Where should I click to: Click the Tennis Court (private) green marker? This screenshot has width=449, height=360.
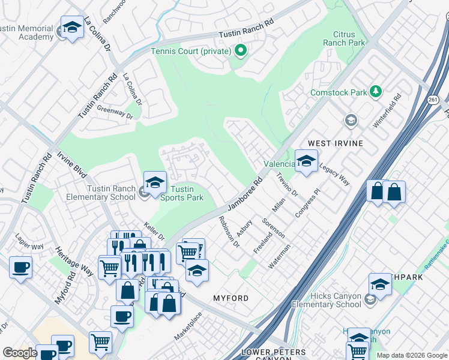coord(241,51)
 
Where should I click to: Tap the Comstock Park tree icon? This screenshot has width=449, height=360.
coord(376,92)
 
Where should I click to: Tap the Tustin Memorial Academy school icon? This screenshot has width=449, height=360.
coord(73,28)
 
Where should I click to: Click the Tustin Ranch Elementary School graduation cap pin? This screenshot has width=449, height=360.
coord(155,182)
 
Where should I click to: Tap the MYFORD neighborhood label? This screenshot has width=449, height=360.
coord(231,298)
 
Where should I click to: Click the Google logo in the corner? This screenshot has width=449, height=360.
coord(20,353)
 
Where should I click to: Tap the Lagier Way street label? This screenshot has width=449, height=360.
coord(29,247)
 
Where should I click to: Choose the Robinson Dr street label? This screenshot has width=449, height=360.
coord(229,233)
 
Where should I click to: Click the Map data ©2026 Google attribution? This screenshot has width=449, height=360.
coord(411,355)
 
